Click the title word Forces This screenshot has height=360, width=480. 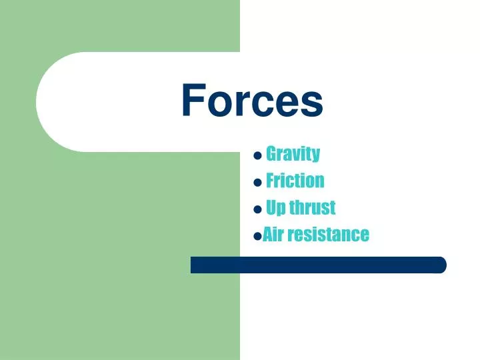252,101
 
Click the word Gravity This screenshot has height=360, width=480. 293,154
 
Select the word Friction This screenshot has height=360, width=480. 295,181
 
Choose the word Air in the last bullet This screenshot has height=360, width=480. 273,234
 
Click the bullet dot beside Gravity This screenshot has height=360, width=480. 257,156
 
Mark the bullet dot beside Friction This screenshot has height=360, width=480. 257,183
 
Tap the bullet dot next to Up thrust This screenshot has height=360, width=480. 257,209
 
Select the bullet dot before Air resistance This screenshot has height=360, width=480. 257,236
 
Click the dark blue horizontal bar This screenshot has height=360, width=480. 318,265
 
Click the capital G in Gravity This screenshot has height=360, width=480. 271,154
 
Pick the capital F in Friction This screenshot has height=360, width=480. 270,181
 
